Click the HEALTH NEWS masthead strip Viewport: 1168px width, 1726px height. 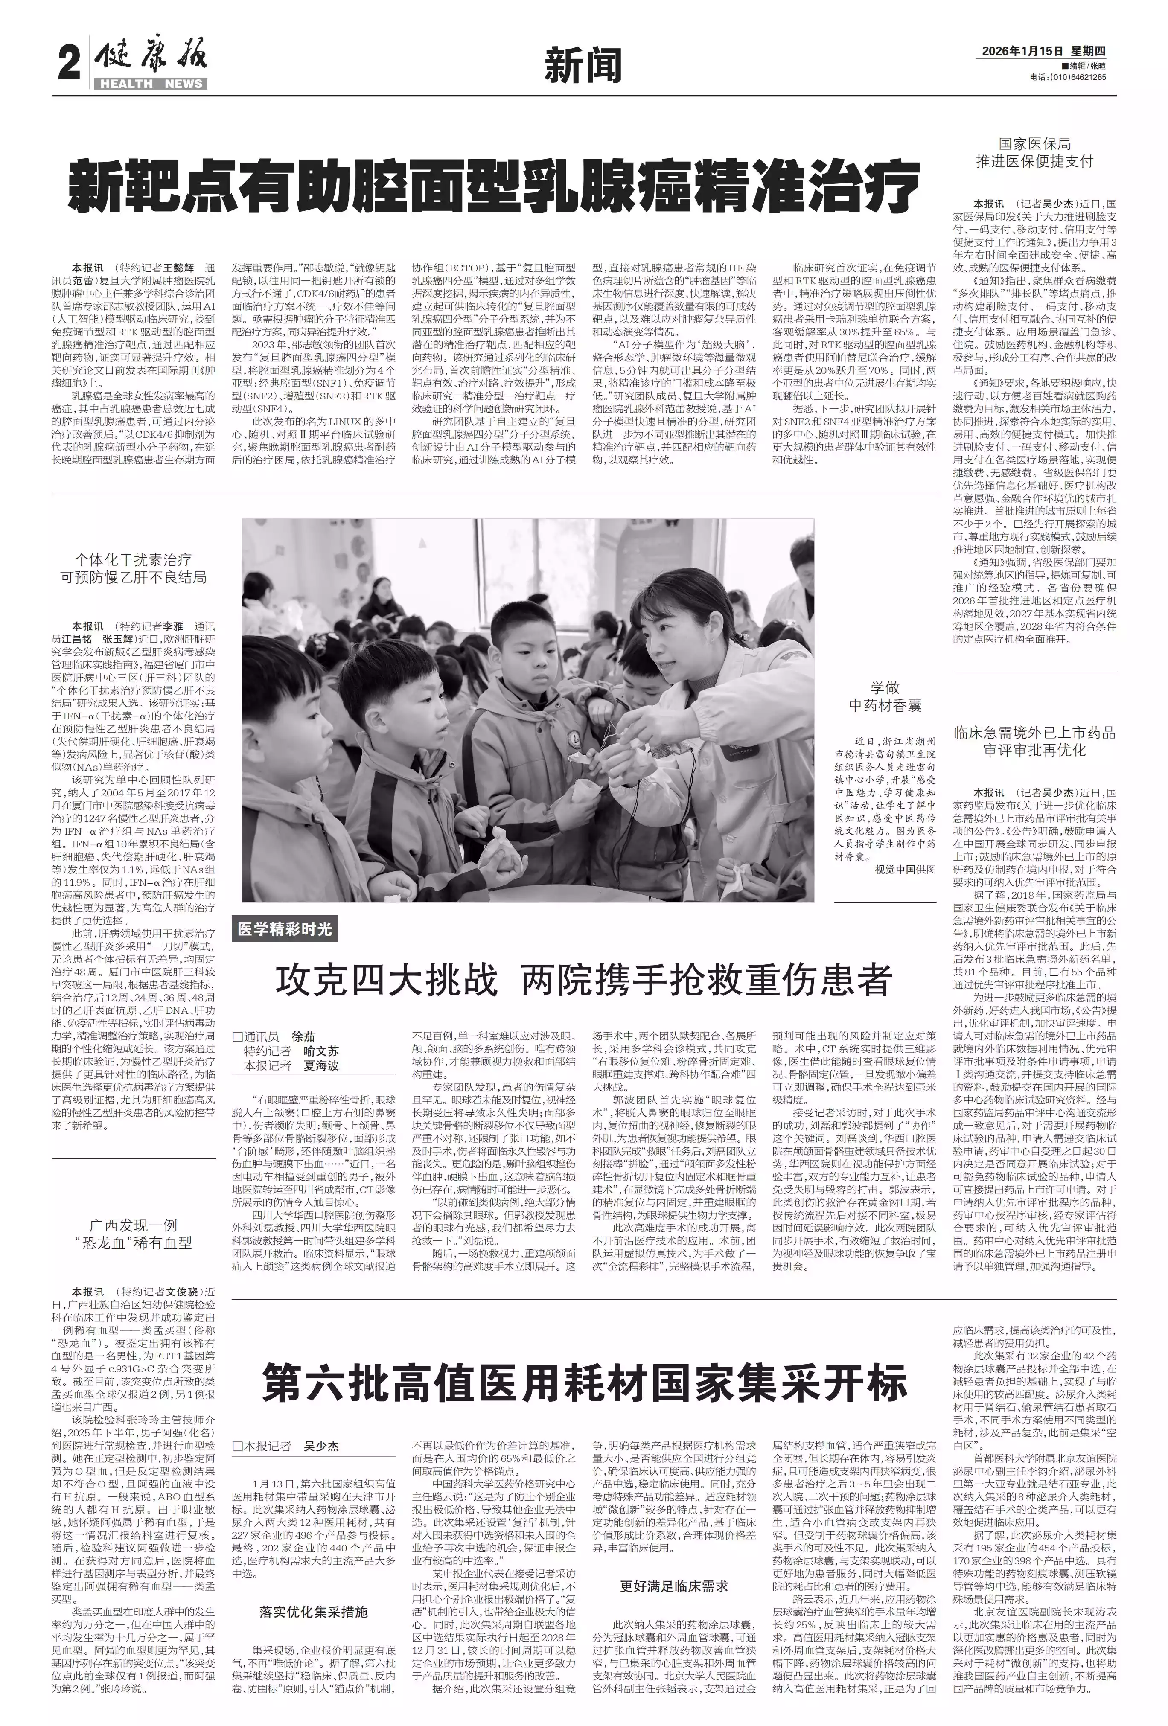[151, 84]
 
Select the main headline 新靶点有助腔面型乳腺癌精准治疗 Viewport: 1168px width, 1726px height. [494, 185]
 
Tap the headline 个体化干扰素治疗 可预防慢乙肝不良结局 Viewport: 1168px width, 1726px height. [134, 568]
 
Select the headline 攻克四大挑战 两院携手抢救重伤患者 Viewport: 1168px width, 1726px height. [583, 981]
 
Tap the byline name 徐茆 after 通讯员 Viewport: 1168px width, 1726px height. [303, 1037]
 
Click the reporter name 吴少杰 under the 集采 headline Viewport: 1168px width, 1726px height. [321, 1446]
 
